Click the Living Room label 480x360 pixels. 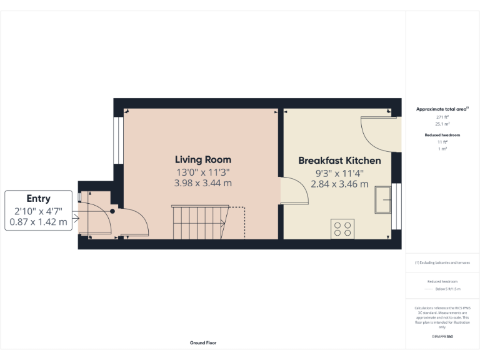pyautogui.click(x=202, y=160)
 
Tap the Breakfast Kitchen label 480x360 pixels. pyautogui.click(x=339, y=161)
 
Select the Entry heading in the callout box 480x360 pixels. pyautogui.click(x=38, y=198)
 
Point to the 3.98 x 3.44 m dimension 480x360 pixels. pyautogui.click(x=202, y=183)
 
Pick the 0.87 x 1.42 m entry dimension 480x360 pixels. pyautogui.click(x=38, y=222)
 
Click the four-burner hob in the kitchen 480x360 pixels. pyautogui.click(x=342, y=228)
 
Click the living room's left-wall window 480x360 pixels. pyautogui.click(x=116, y=140)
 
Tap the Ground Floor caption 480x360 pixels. pyautogui.click(x=203, y=342)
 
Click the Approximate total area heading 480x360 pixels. pyautogui.click(x=442, y=109)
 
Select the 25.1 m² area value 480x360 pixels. pyautogui.click(x=442, y=124)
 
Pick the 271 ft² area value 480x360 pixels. pyautogui.click(x=442, y=117)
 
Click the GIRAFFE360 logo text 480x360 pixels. pyautogui.click(x=442, y=337)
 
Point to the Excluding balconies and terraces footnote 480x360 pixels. pyautogui.click(x=442, y=262)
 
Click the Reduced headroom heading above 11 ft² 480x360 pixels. pyautogui.click(x=442, y=135)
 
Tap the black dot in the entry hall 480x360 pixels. pyautogui.click(x=112, y=211)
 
